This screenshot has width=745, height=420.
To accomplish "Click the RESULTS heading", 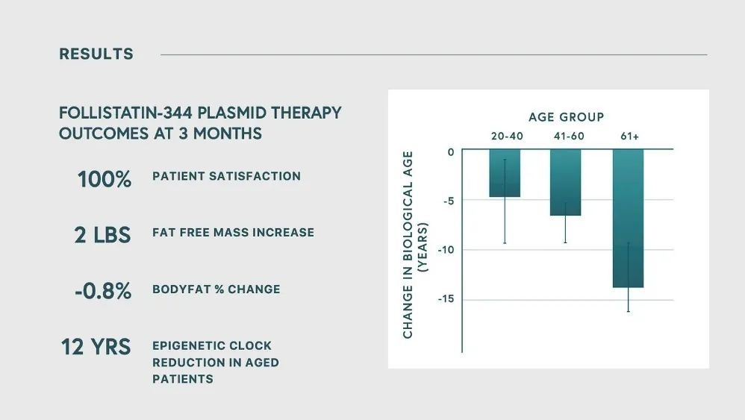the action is pos(96,54).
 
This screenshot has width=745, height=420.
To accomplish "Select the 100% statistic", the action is pos(104,179).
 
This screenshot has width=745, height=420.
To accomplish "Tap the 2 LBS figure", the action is pos(102,235).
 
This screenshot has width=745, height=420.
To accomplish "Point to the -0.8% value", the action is pos(102,290).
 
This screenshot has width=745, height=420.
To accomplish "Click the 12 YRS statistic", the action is pos(96,346).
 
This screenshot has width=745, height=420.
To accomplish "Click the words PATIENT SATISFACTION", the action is pos(226,176).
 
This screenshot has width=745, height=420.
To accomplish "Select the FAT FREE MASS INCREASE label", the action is pos(233,233).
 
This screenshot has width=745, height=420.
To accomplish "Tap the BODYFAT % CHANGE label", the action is pos(216,289).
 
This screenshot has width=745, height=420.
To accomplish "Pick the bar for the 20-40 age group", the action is pos(505,173).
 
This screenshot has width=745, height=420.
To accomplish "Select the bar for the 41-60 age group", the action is pos(565,182).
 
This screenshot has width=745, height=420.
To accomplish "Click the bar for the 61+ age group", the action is pos(628,219).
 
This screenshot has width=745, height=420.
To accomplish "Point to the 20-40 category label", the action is pos(507,137).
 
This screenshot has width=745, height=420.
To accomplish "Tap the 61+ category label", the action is pos(629,137).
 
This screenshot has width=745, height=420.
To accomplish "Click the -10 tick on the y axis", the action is pos(446,250).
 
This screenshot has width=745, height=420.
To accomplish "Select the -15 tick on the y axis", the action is pos(446,299).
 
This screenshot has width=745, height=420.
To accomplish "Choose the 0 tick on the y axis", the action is pos(451,152).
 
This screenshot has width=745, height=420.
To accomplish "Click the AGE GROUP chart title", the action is pos(567,116).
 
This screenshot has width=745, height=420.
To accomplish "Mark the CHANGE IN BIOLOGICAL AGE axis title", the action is pos(408,245).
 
